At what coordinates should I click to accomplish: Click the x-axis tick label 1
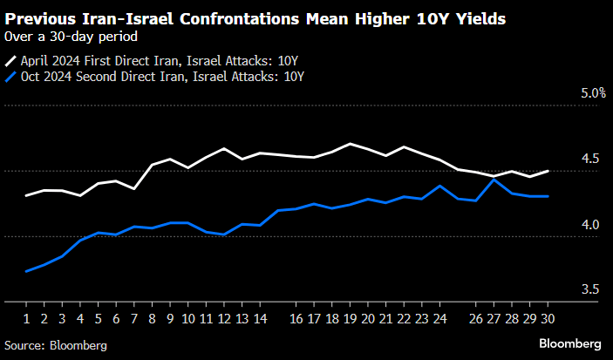pos(26,319)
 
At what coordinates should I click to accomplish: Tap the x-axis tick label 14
pos(260,319)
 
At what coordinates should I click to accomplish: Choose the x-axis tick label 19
pos(350,319)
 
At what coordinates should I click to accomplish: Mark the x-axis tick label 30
pos(548,319)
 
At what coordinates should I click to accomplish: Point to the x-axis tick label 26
pos(476,319)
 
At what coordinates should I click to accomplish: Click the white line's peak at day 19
pos(350,144)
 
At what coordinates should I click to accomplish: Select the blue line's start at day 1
pos(26,271)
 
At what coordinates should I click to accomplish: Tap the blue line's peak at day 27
pos(494,180)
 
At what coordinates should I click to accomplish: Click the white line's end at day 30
pos(548,171)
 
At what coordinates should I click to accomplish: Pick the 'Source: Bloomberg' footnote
pos(55,345)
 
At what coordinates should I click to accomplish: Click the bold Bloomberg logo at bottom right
pos(570,344)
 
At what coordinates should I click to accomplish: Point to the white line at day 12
pos(224,149)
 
